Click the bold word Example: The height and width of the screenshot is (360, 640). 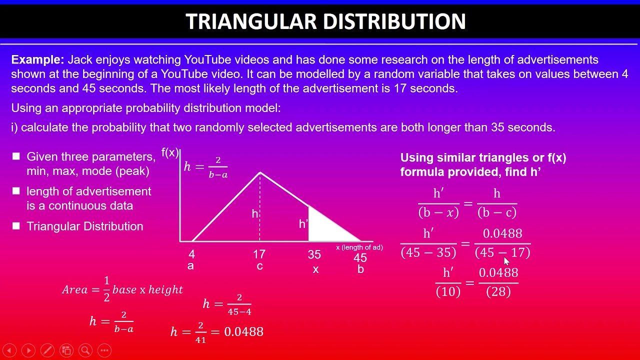pyautogui.click(x=37, y=60)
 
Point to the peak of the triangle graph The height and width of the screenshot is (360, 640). pyautogui.click(x=260, y=172)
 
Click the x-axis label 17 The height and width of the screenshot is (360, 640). pyautogui.click(x=259, y=254)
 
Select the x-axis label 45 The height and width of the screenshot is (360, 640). pyautogui.click(x=360, y=258)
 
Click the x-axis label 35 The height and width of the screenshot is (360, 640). pyautogui.click(x=314, y=255)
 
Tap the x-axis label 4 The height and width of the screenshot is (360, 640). pyautogui.click(x=191, y=254)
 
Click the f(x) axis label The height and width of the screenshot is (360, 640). pyautogui.click(x=170, y=153)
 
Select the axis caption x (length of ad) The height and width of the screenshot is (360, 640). pyautogui.click(x=359, y=247)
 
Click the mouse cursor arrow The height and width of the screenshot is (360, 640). pyautogui.click(x=506, y=261)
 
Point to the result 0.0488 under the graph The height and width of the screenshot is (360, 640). pyautogui.click(x=243, y=332)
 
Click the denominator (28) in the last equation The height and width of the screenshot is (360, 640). pyautogui.click(x=498, y=292)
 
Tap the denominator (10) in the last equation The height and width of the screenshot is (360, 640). pyautogui.click(x=448, y=292)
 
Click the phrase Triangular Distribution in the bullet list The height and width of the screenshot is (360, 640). pyautogui.click(x=84, y=226)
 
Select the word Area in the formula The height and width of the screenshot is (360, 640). pyautogui.click(x=75, y=289)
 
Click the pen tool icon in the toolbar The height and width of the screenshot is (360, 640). pyautogui.click(x=47, y=350)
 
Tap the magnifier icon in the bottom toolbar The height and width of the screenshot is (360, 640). pyautogui.click(x=85, y=350)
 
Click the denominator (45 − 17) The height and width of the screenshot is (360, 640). pyautogui.click(x=502, y=253)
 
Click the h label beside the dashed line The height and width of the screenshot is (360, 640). pyautogui.click(x=254, y=214)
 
